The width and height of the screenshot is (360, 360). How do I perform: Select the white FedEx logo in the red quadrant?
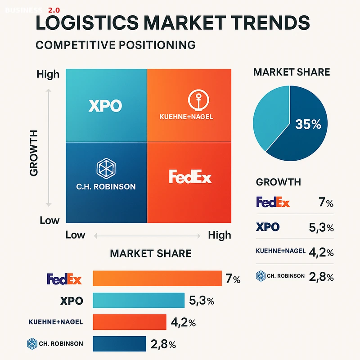click(x=190, y=177)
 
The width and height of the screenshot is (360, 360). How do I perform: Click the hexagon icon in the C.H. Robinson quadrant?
click(x=106, y=168)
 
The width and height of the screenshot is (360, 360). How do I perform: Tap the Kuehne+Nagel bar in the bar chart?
click(x=129, y=322)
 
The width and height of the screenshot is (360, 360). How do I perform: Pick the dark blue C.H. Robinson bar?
click(x=119, y=344)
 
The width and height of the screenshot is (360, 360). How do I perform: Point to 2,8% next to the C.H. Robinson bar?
click(x=163, y=345)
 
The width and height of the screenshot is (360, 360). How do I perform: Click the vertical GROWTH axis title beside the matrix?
click(x=34, y=153)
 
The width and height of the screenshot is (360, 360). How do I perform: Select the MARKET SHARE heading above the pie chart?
click(x=292, y=72)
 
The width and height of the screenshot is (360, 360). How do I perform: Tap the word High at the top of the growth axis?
click(x=48, y=74)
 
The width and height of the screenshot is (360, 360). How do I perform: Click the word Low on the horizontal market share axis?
click(x=76, y=235)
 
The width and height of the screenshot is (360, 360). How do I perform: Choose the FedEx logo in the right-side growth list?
click(x=273, y=202)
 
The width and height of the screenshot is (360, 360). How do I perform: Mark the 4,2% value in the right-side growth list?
click(x=321, y=252)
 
